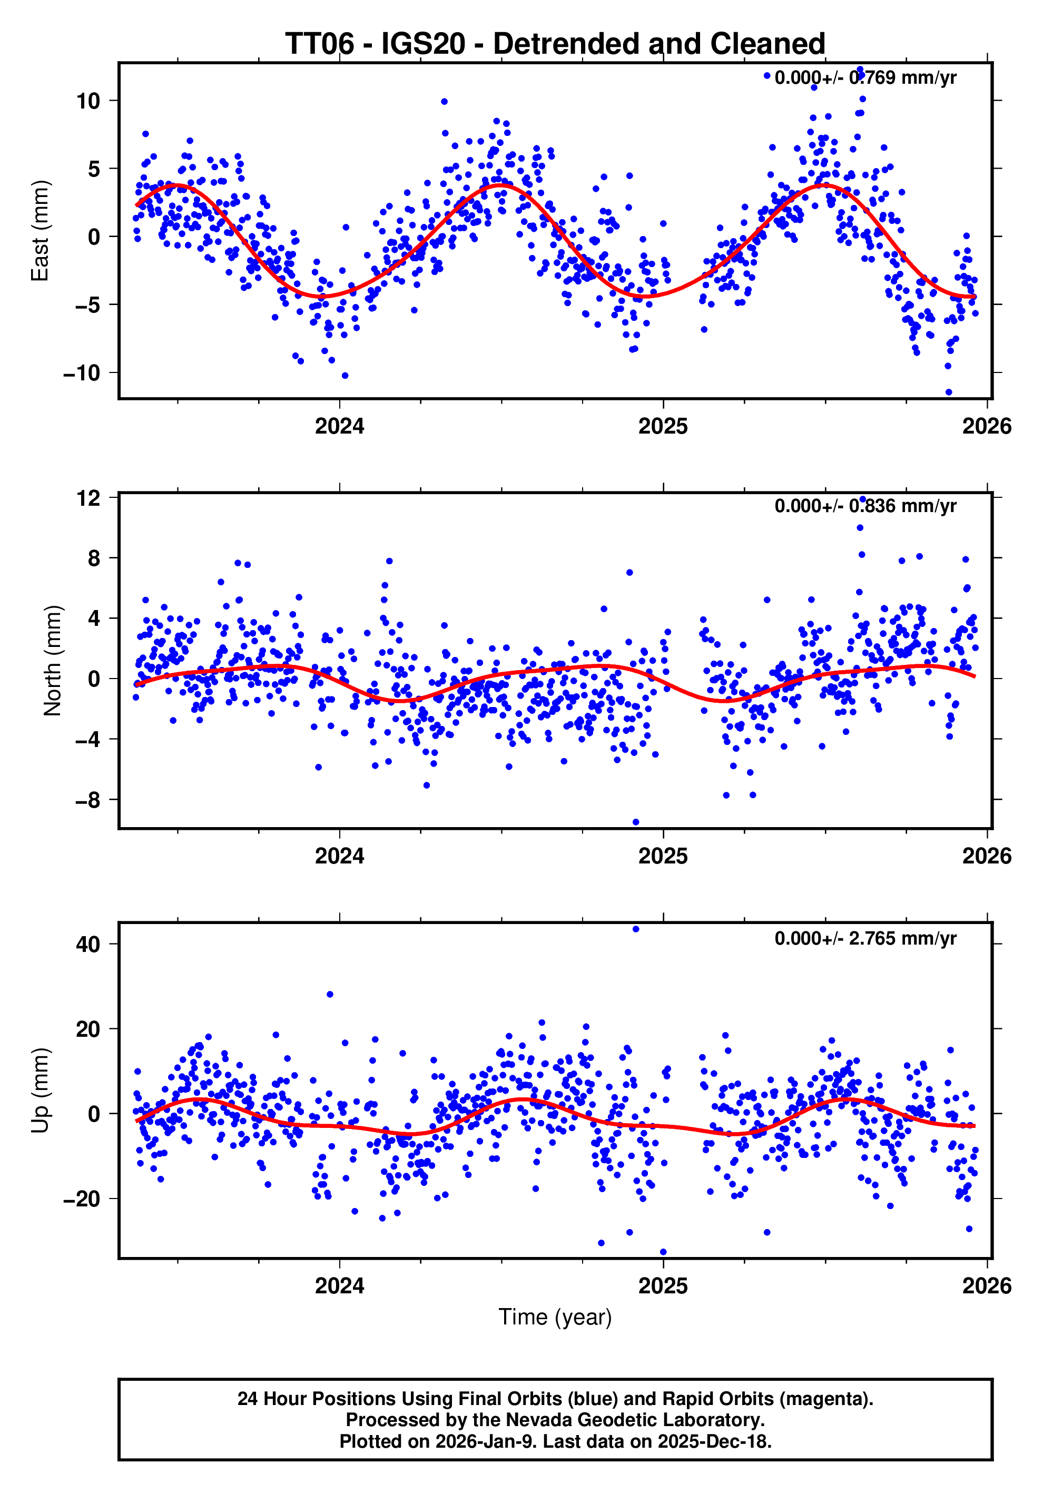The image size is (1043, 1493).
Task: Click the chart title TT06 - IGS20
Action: click(555, 44)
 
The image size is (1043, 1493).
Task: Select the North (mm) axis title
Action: click(53, 661)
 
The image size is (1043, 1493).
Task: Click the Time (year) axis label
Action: click(555, 1317)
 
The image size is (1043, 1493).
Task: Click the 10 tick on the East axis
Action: click(88, 101)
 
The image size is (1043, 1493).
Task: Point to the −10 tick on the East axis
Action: click(82, 372)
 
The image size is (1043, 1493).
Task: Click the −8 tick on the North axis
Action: click(88, 800)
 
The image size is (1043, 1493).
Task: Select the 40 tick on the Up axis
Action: click(88, 944)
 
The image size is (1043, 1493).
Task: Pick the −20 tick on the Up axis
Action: click(82, 1199)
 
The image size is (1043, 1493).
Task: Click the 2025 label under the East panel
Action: click(663, 427)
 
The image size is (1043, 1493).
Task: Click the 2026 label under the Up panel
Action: click(987, 1286)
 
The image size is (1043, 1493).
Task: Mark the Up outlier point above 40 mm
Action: click(636, 929)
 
